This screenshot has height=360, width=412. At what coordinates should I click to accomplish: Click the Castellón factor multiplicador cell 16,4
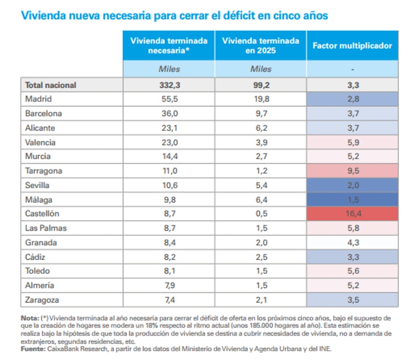[352, 214]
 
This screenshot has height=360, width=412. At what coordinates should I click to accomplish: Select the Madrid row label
[38, 99]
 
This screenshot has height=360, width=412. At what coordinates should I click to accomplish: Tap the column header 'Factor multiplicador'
[352, 45]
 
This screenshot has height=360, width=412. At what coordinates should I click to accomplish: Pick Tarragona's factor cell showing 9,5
[352, 171]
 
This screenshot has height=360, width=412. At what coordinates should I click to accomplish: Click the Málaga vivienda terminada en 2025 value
[261, 200]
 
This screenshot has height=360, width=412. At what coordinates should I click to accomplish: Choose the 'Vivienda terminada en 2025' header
[261, 45]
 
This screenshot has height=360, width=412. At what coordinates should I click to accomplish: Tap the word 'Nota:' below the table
[30, 318]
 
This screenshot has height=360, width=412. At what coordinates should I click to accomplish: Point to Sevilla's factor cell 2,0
[352, 185]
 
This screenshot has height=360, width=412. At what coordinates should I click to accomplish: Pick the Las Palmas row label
[46, 228]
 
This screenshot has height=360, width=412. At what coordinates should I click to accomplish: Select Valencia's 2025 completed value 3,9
[261, 142]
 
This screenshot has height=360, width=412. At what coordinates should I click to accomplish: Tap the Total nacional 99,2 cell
[261, 85]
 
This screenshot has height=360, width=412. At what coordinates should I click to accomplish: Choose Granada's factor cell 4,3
[352, 242]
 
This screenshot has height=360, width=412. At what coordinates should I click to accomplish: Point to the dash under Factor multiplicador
[352, 69]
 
